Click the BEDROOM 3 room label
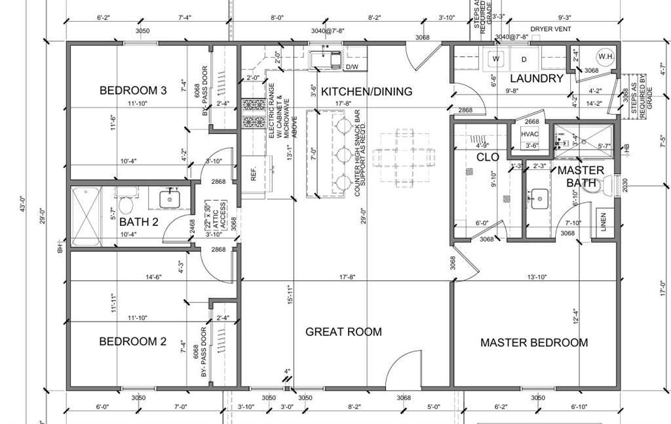128,91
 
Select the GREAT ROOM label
343,332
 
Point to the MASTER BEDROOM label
534,343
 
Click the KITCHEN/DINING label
366,92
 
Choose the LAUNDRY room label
537,79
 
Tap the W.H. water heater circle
605,56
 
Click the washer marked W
496,59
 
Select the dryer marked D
524,59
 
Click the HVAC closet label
529,134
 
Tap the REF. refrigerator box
254,175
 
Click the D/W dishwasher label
352,67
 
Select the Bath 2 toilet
126,195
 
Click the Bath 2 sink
170,197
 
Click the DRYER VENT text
550,29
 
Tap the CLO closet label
488,158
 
